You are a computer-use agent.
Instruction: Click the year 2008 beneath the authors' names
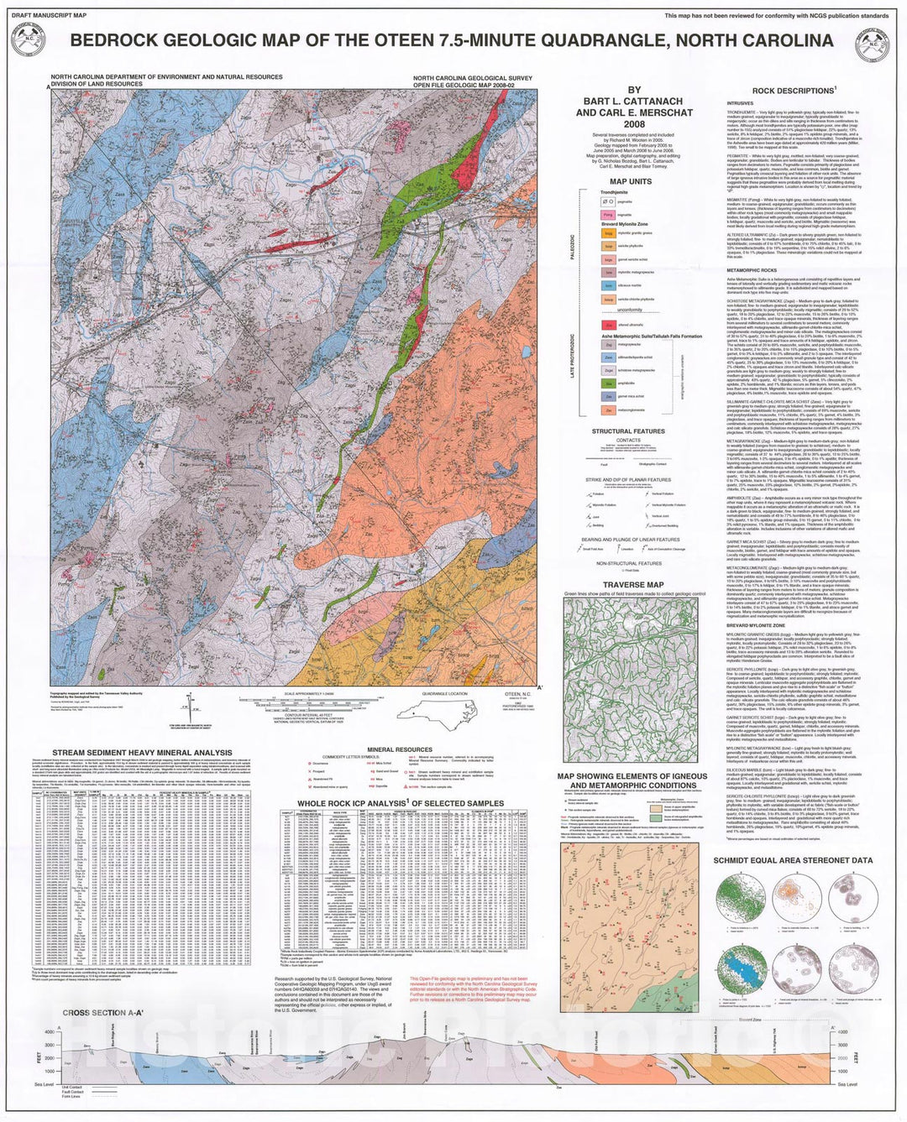click(634, 123)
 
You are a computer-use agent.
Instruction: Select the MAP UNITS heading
click(631, 181)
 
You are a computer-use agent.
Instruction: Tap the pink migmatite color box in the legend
click(608, 215)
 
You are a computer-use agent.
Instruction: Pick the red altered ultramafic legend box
click(608, 325)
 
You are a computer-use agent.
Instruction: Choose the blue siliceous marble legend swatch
click(608, 285)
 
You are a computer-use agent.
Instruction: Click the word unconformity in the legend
click(630, 310)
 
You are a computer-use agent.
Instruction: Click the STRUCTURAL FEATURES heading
click(628, 431)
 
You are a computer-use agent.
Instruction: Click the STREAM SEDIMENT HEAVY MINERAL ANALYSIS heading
click(142, 753)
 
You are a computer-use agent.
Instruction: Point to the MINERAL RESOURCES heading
click(400, 749)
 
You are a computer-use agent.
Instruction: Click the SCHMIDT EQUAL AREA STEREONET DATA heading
click(793, 860)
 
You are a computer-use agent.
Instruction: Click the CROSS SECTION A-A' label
click(102, 1013)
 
